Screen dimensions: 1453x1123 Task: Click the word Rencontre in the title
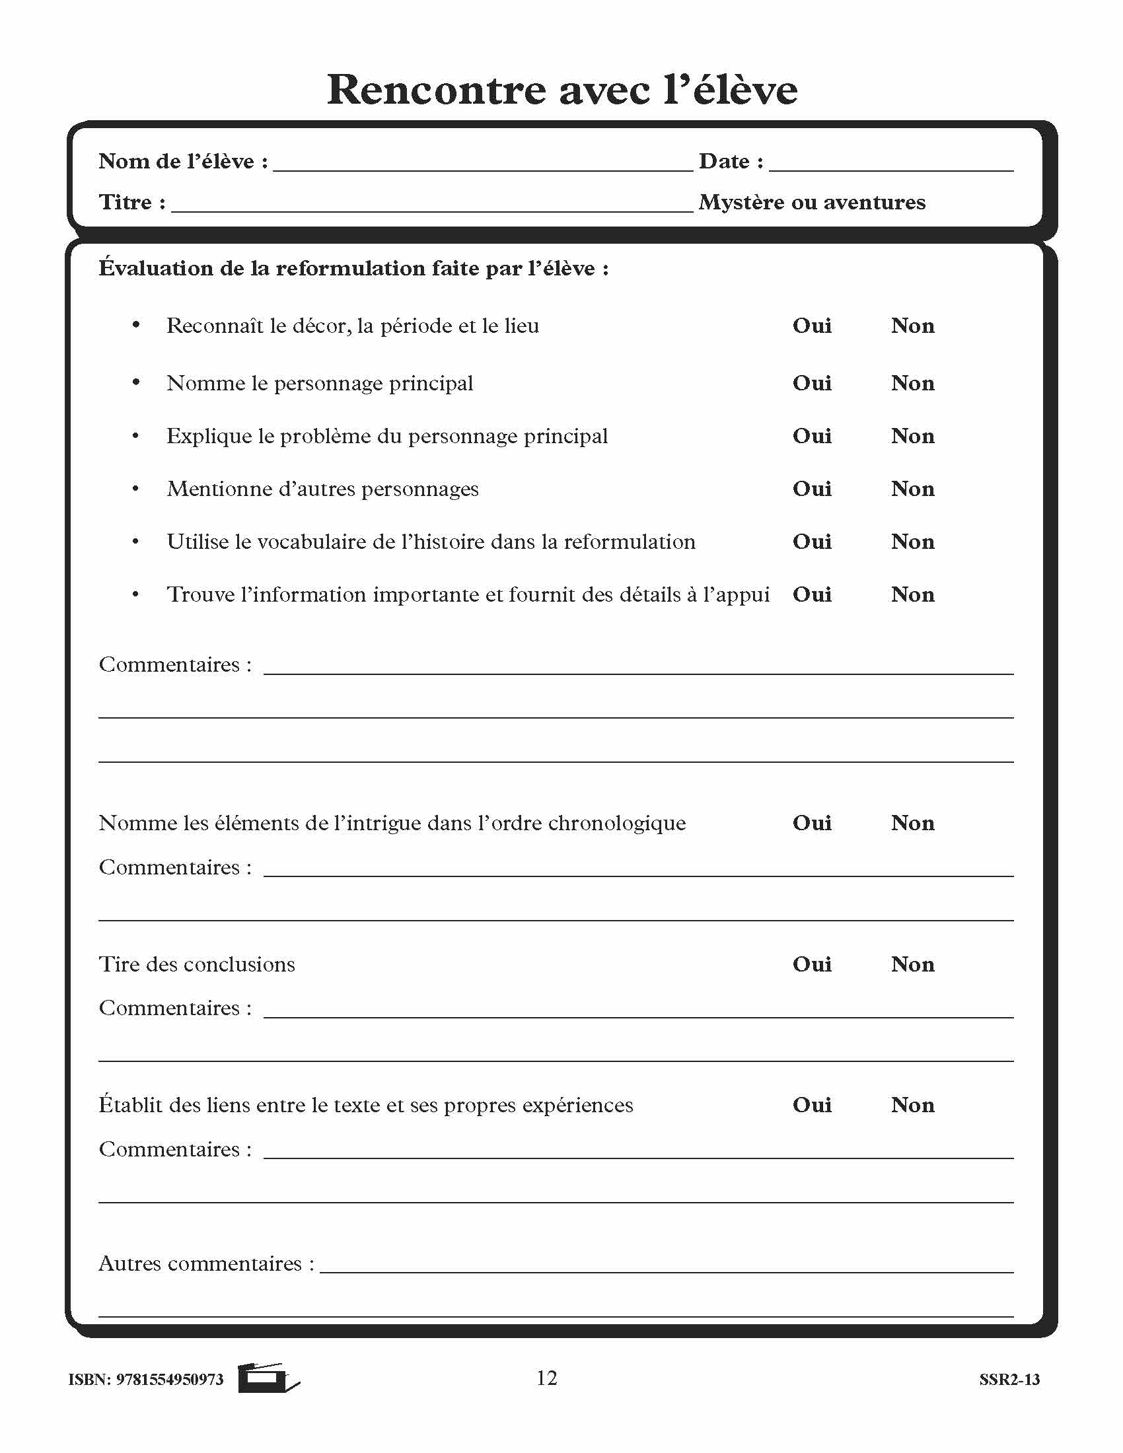point(436,90)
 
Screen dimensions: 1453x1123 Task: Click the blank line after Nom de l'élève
point(482,163)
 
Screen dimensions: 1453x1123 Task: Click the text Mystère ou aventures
point(812,202)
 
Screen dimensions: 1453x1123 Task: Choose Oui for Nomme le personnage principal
point(812,383)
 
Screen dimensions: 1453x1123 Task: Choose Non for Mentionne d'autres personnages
point(912,489)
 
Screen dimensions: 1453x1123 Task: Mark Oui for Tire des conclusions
point(812,964)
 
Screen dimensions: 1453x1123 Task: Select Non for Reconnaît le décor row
point(912,326)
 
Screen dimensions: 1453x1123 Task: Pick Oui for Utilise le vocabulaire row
point(812,542)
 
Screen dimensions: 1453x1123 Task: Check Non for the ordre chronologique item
point(912,823)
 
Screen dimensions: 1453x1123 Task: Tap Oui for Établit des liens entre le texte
point(812,1105)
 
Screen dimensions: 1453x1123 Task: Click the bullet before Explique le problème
point(135,437)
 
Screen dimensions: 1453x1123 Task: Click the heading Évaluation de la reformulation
point(353,269)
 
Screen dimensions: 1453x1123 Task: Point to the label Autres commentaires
point(205,1263)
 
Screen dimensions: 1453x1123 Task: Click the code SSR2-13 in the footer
point(1009,1379)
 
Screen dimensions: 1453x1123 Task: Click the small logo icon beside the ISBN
point(268,1378)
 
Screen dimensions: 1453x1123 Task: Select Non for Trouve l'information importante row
point(912,595)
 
